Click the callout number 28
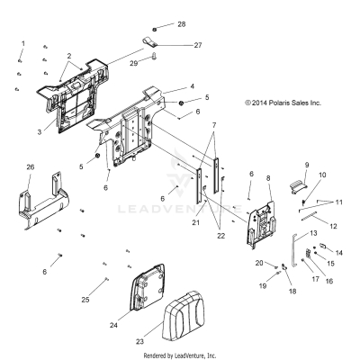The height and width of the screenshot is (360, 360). click(x=182, y=24)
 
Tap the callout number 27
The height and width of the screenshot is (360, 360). click(x=198, y=45)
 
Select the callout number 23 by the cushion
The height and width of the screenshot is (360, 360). click(x=139, y=341)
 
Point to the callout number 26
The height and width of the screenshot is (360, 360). click(x=31, y=167)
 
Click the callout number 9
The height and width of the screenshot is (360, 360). click(x=307, y=165)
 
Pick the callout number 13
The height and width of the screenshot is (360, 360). click(x=313, y=233)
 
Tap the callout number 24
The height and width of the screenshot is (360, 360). click(x=113, y=325)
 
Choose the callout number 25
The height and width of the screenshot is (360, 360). click(x=85, y=300)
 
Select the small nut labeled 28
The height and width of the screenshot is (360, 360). click(x=155, y=29)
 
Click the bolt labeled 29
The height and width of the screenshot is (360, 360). click(x=146, y=56)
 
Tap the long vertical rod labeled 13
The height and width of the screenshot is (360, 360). click(x=293, y=250)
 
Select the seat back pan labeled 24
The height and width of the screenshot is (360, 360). click(x=147, y=287)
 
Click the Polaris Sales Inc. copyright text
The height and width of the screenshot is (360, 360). click(x=283, y=103)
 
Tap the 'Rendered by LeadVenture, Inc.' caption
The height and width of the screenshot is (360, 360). click(x=180, y=355)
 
